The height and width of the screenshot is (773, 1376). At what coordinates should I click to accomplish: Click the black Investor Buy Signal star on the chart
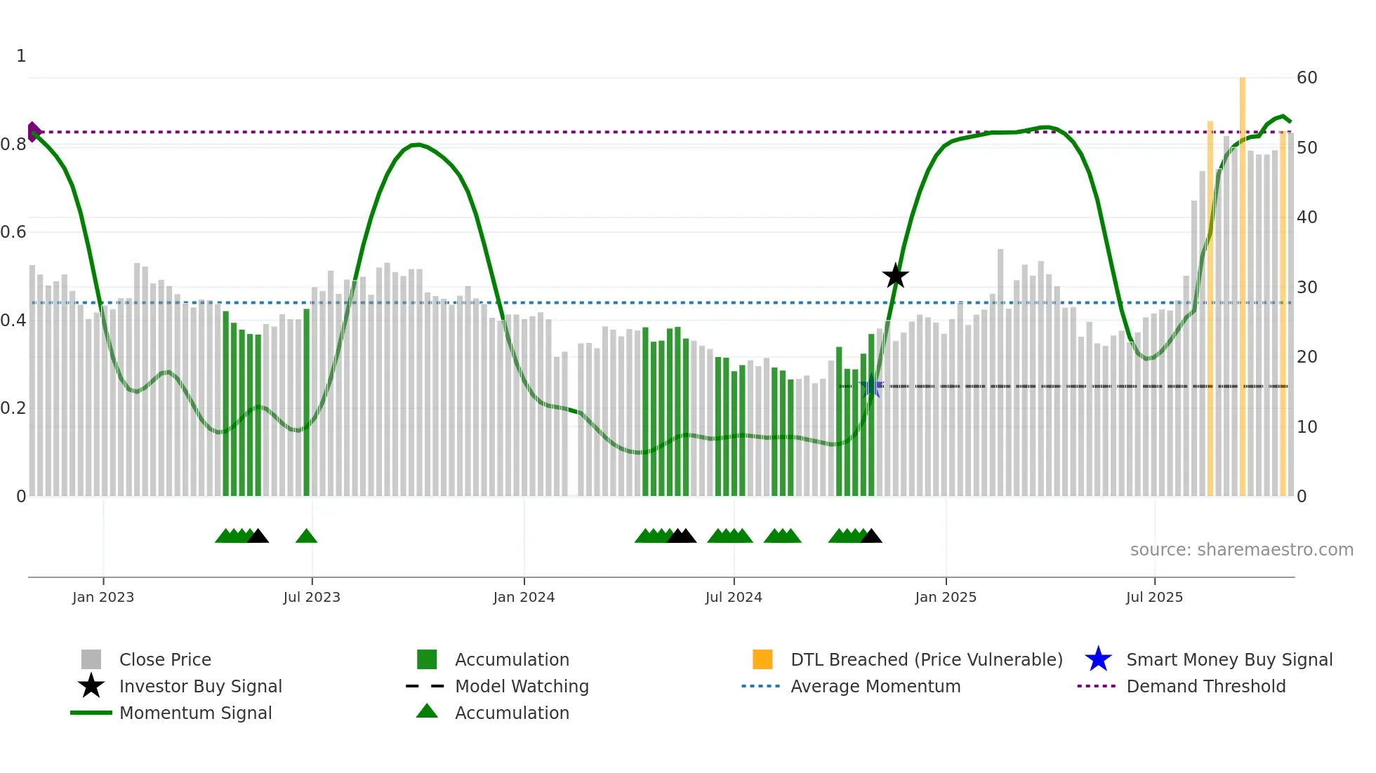[895, 276]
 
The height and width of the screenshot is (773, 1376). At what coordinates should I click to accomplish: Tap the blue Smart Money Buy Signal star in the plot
[871, 386]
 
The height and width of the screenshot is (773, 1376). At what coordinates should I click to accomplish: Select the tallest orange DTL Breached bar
[1242, 281]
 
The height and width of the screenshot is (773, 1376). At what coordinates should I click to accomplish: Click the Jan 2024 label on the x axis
[524, 597]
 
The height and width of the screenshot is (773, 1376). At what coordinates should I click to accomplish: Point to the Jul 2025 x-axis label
[1154, 597]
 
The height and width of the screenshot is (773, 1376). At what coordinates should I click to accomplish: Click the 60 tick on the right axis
[1306, 78]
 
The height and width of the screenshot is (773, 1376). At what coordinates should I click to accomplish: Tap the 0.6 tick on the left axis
[13, 232]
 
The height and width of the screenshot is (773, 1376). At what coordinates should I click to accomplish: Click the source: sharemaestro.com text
[1241, 550]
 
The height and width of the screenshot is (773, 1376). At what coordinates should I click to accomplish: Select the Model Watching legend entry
[521, 686]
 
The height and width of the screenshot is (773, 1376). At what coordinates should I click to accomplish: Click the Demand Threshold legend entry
[1205, 686]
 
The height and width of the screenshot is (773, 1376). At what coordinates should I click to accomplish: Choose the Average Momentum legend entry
[875, 686]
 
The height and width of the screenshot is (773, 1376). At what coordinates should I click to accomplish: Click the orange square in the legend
[762, 659]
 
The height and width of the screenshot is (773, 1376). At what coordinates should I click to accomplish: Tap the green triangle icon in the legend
[427, 712]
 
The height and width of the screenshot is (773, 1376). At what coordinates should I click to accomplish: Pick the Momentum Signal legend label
[195, 713]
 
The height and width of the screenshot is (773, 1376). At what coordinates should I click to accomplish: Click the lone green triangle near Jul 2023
[306, 537]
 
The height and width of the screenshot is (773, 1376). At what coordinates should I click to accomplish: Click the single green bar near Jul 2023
[306, 400]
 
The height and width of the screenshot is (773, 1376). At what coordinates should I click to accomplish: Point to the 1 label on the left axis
[21, 56]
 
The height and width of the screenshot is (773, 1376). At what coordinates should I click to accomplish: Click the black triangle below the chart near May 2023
[258, 537]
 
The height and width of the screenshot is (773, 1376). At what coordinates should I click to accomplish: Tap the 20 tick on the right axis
[1306, 357]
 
